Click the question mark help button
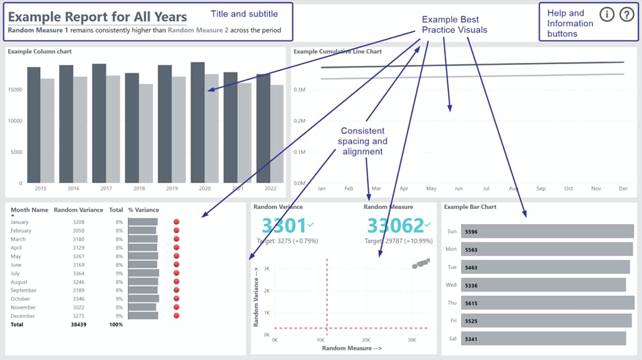(x=626, y=15)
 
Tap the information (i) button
(x=606, y=15)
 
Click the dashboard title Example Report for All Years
(x=98, y=16)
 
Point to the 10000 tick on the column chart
(x=15, y=121)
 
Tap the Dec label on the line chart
(x=623, y=188)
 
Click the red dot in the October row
(x=177, y=299)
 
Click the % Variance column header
(x=143, y=210)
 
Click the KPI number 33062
(x=395, y=225)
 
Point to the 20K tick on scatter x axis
(x=366, y=340)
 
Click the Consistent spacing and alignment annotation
(x=362, y=141)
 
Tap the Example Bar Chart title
(x=470, y=206)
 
